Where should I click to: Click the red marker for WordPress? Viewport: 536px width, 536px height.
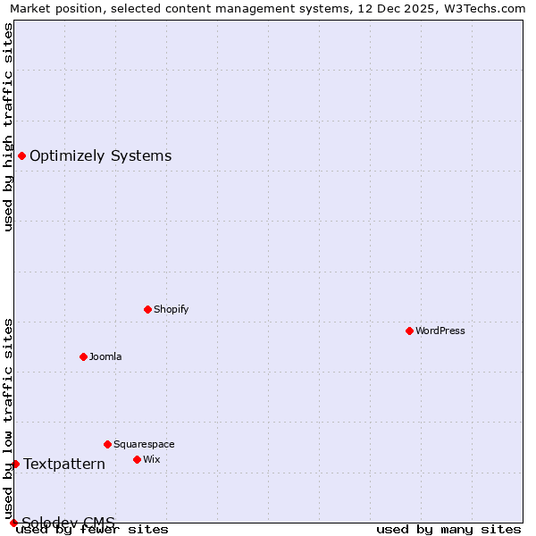(x=409, y=331)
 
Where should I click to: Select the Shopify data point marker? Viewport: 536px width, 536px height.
(x=147, y=309)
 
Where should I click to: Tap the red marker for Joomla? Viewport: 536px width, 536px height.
(x=83, y=356)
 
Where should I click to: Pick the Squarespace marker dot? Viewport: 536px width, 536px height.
(x=107, y=444)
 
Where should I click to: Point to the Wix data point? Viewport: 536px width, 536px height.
(x=137, y=459)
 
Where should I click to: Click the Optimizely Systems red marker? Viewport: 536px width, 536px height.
(x=21, y=155)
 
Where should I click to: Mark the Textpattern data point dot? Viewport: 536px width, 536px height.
(x=15, y=464)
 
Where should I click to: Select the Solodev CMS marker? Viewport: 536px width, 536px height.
(x=13, y=523)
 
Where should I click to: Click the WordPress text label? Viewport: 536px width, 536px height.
(x=440, y=331)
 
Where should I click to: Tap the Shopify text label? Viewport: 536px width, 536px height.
(x=172, y=309)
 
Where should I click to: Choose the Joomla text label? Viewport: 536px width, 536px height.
(x=105, y=356)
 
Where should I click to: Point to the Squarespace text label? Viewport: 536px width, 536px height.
(x=144, y=444)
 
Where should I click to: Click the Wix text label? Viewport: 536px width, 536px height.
(x=152, y=459)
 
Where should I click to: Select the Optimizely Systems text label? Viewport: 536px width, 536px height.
(x=101, y=155)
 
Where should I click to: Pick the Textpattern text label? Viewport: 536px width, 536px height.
(x=64, y=464)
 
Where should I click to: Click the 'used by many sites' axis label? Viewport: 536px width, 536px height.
(x=448, y=529)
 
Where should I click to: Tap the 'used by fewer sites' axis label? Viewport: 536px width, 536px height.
(x=93, y=529)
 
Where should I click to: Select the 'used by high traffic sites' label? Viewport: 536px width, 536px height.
(x=8, y=127)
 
